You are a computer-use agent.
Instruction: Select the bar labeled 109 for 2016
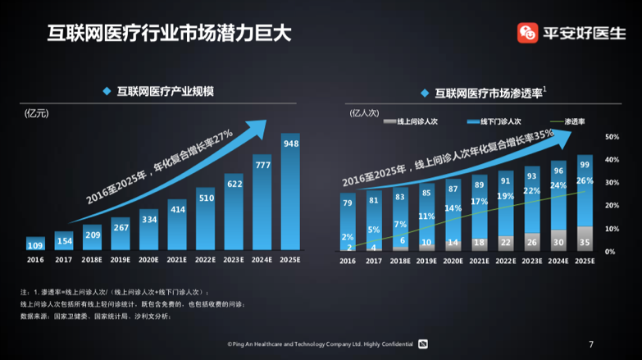click(35, 244)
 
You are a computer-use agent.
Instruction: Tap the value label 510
click(206, 198)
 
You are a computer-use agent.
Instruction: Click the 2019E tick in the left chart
click(121, 260)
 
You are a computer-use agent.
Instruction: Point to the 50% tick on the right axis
click(611, 137)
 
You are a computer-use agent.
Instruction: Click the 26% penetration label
click(585, 180)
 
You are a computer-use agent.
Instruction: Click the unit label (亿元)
click(37, 114)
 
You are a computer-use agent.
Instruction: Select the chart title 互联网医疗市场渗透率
click(489, 93)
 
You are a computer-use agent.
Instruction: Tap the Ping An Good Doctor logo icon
click(527, 33)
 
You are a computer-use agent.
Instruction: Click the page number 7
click(590, 344)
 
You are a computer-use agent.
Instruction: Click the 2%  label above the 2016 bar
click(348, 237)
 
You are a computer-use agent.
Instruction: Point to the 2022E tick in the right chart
click(505, 261)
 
